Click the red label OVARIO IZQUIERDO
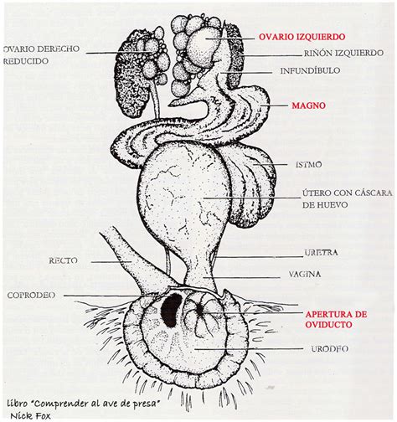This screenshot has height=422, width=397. (298, 37)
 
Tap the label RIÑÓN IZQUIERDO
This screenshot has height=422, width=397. (343, 53)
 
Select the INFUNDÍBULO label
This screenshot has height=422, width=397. (310, 70)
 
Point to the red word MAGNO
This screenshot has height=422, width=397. (309, 105)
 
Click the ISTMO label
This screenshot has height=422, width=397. (309, 165)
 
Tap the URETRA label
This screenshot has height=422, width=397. (321, 253)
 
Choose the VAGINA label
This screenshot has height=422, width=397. (305, 275)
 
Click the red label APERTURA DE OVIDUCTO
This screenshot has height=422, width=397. (336, 320)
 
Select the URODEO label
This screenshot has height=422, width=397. (330, 349)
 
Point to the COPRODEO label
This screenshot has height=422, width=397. (31, 296)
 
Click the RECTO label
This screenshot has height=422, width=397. (63, 261)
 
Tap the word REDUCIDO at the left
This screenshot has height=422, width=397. (26, 61)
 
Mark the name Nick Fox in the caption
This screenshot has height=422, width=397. (31, 415)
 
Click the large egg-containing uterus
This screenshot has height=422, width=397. (183, 195)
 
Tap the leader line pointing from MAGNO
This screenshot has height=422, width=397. (274, 105)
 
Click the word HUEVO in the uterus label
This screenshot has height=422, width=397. (330, 205)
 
